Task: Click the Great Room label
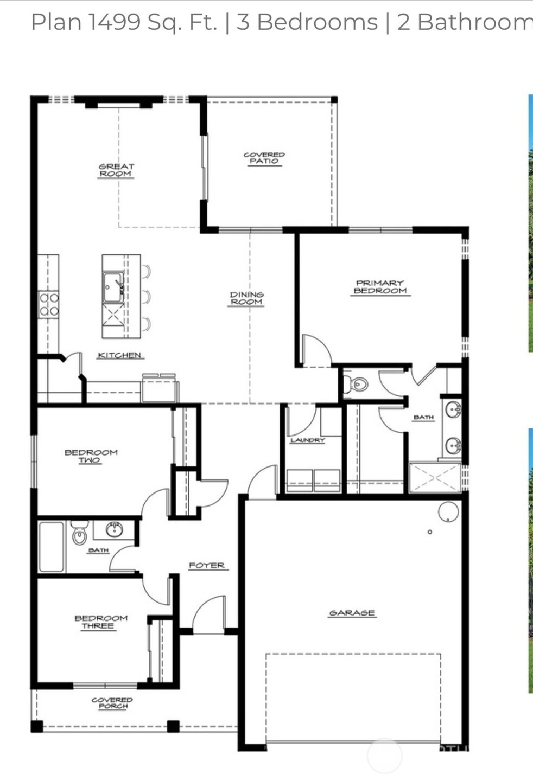(116, 170)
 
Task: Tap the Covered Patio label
(264, 158)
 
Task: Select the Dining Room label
(246, 298)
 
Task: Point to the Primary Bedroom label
(380, 287)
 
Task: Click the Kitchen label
(120, 355)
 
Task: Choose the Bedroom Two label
(91, 456)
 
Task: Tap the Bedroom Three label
(101, 622)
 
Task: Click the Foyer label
(206, 565)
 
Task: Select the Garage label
(352, 613)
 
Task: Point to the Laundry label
(307, 440)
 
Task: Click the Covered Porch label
(112, 703)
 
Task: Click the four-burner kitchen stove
(49, 304)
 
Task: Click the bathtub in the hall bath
(52, 547)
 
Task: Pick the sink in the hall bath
(114, 529)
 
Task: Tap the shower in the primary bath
(435, 478)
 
